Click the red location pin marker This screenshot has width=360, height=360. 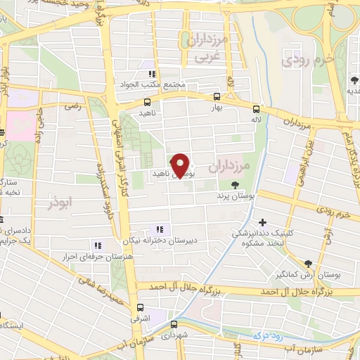coord(181,165)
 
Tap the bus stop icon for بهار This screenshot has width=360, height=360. coord(217,98)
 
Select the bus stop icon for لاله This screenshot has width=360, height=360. coord(256,109)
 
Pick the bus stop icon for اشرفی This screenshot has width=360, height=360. coord(140,307)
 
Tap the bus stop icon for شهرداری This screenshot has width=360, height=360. coord(174,324)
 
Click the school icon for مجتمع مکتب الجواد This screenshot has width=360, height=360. coord(150,74)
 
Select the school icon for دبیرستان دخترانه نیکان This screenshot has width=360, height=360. coord(160,229)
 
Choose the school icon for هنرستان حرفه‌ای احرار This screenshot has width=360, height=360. coord(98,245)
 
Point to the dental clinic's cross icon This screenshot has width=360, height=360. coord(262,222)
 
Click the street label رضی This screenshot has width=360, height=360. coord(72,106)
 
